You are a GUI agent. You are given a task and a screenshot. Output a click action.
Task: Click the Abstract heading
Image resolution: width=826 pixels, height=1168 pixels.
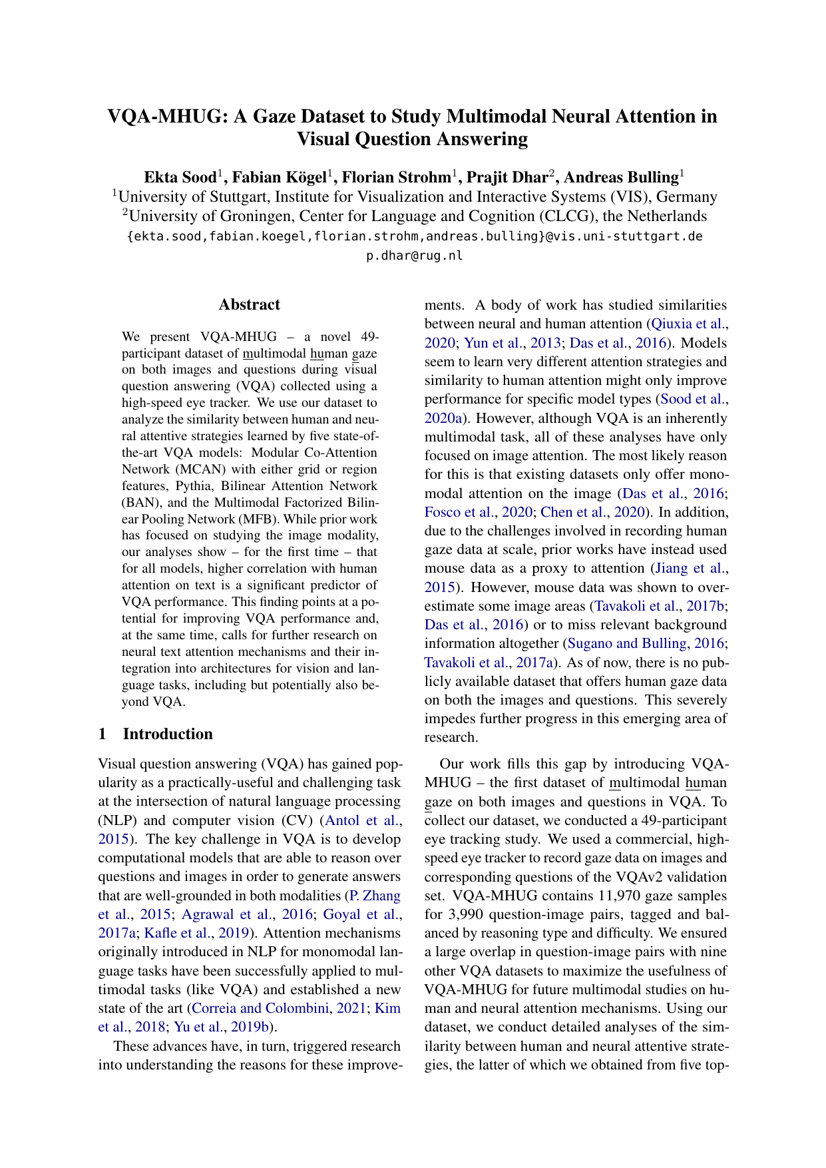point(249,305)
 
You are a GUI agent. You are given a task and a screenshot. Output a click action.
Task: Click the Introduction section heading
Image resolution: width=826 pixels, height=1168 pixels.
point(168,734)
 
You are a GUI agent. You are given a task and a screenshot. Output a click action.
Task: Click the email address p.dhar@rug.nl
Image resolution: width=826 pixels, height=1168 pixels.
point(414,255)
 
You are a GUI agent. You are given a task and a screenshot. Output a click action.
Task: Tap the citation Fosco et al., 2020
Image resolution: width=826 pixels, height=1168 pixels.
point(479,512)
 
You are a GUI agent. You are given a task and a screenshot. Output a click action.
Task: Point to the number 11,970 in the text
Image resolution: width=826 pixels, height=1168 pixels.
point(609,896)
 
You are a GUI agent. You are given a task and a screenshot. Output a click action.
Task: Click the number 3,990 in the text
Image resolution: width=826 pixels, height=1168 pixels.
point(471,914)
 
